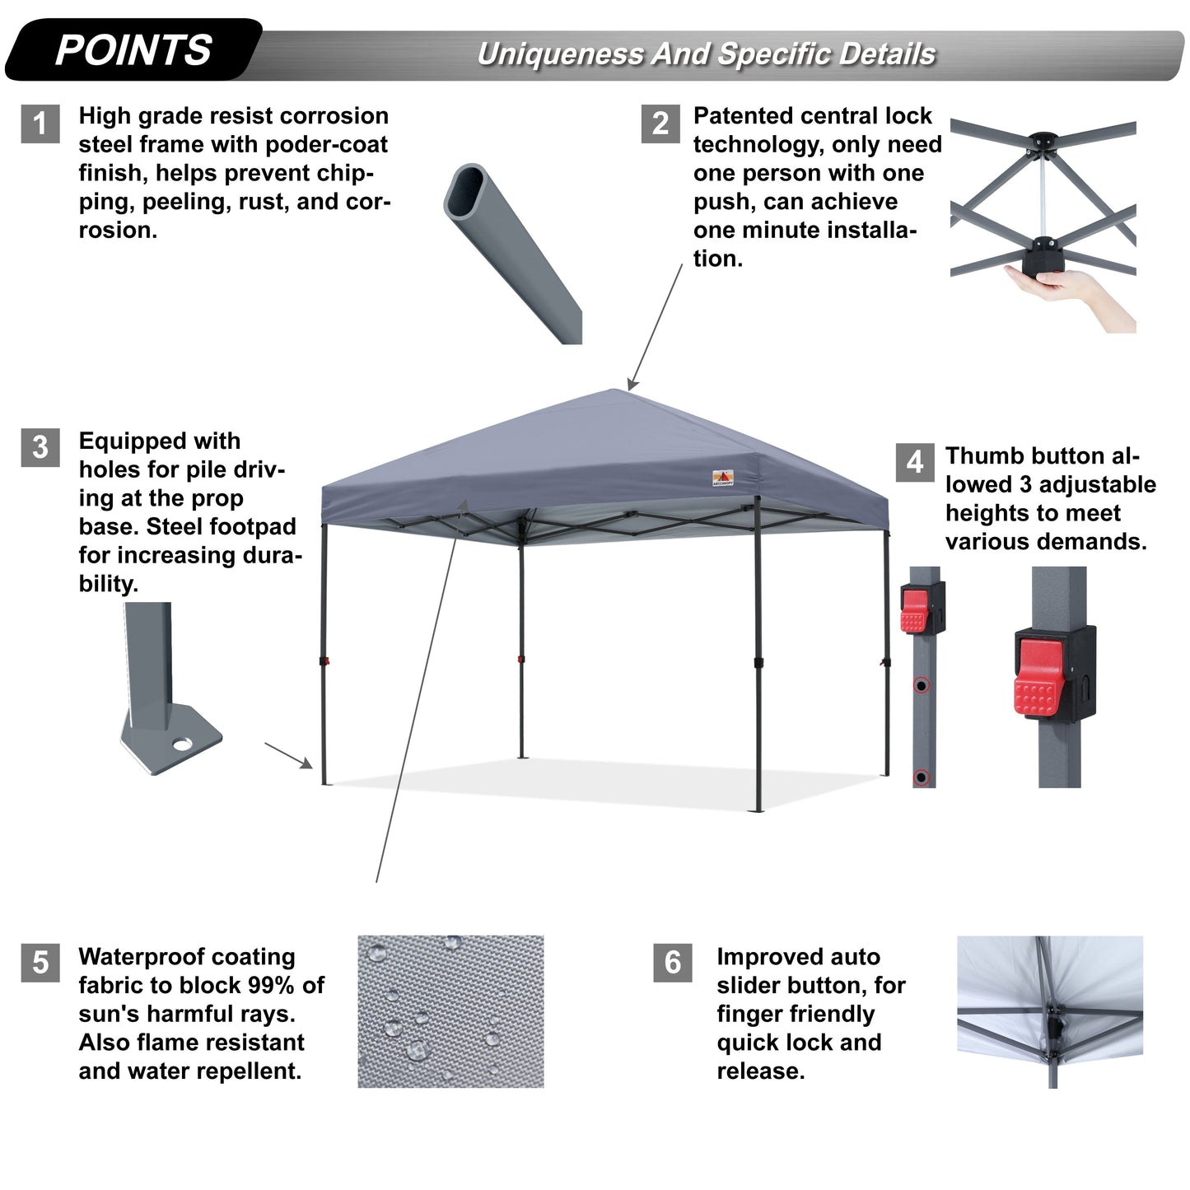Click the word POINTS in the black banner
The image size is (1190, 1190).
[x=133, y=50]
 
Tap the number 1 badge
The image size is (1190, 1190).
[x=40, y=124]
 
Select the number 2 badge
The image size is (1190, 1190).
[x=660, y=124]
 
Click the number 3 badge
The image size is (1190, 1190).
[x=40, y=447]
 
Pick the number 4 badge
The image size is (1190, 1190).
[x=915, y=462]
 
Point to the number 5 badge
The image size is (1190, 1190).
[x=40, y=963]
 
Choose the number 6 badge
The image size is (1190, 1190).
[x=673, y=963]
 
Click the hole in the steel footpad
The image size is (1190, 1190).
[x=182, y=744]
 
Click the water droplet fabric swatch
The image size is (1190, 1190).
[x=450, y=1011]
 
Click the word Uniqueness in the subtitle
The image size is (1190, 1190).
[x=561, y=54]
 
